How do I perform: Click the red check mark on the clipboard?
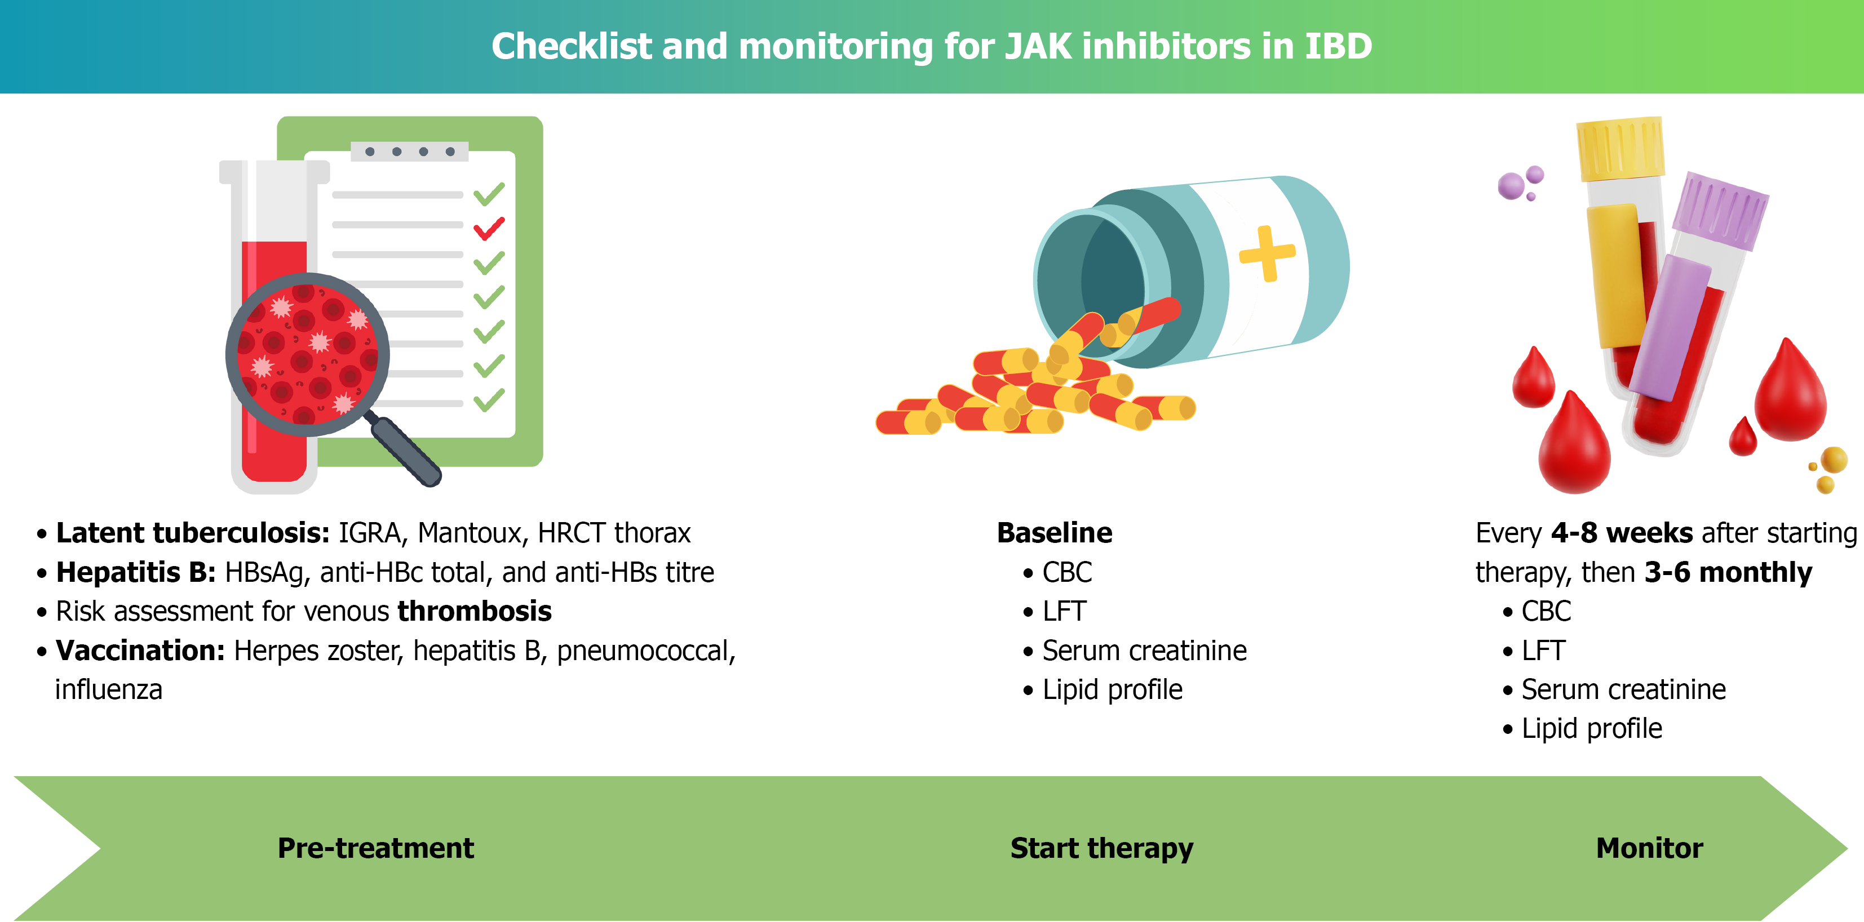tap(489, 229)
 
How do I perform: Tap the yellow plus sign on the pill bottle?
tap(1267, 253)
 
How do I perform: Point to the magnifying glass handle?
tap(405, 450)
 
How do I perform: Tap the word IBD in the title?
tap(1338, 46)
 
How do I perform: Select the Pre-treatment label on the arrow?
tap(375, 848)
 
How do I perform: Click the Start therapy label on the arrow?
tap(1101, 849)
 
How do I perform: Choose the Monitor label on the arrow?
tap(1649, 848)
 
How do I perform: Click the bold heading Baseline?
tap(1054, 533)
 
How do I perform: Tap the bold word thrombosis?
tap(475, 612)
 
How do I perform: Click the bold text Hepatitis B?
tap(136, 573)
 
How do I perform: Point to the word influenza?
tap(109, 690)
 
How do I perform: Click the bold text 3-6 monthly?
tap(1728, 573)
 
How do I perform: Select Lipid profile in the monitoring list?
tap(1592, 729)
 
